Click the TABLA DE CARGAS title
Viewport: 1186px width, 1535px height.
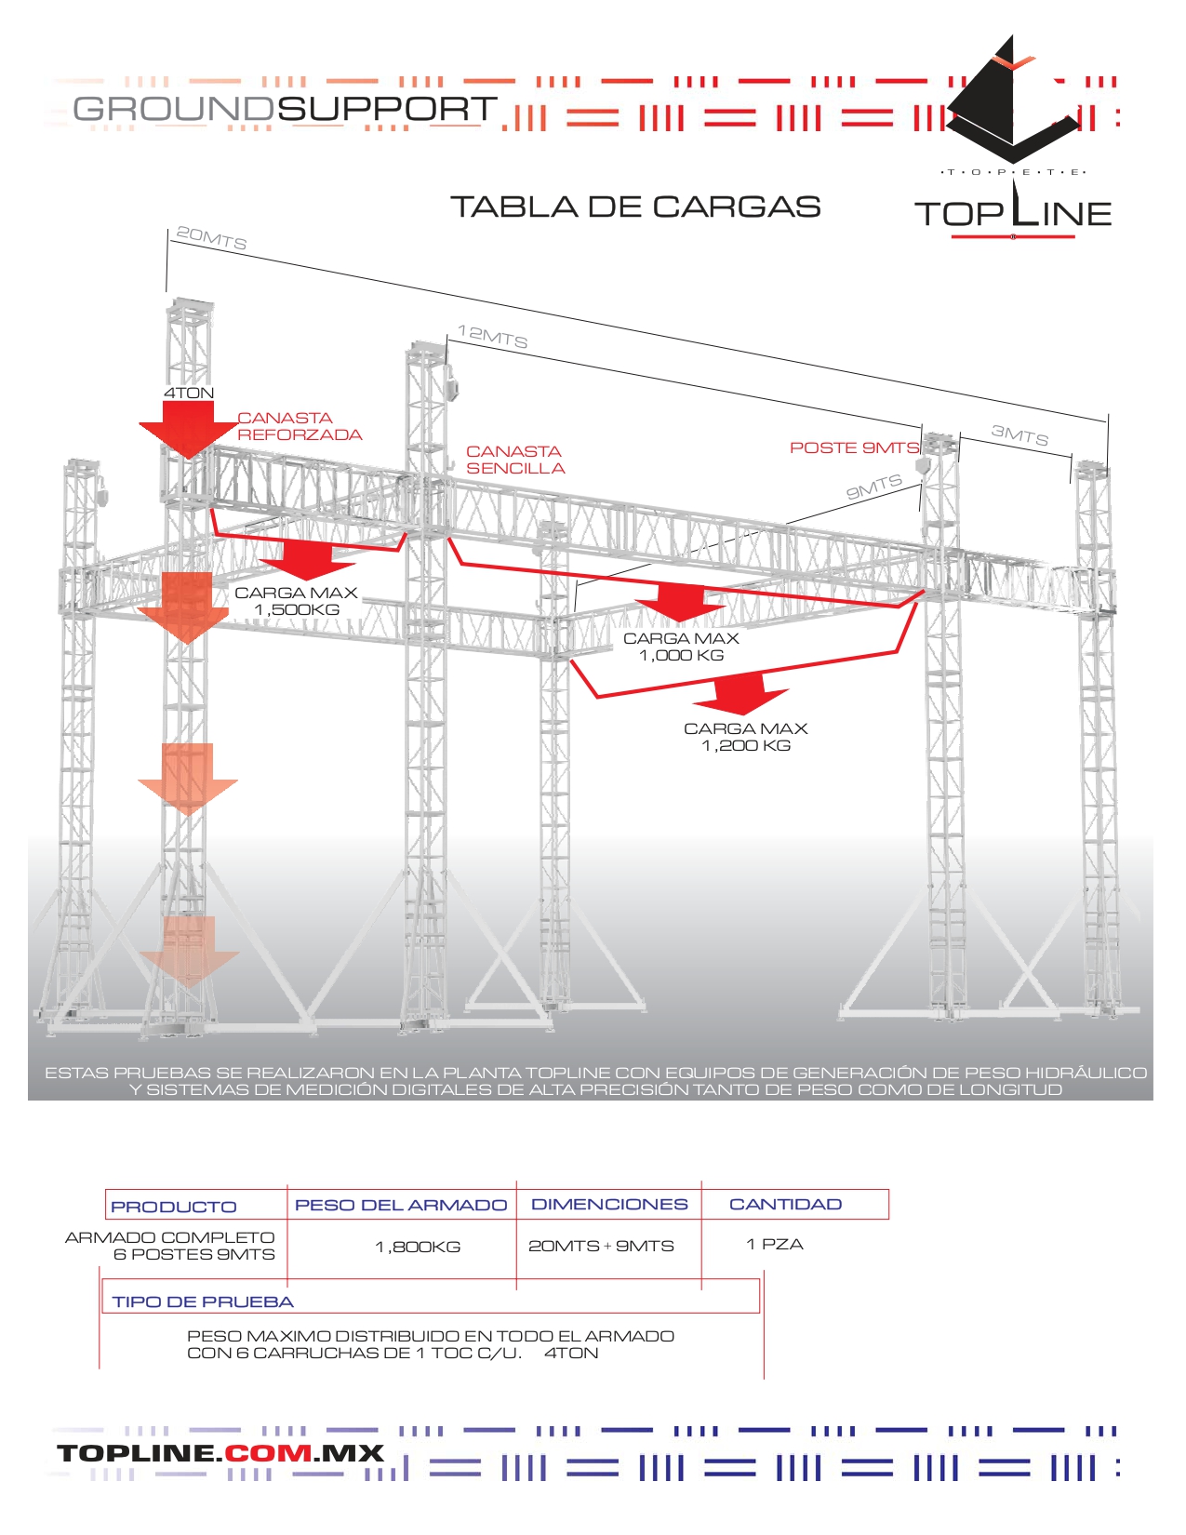click(x=635, y=207)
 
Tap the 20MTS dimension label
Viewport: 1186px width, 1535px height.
click(x=211, y=238)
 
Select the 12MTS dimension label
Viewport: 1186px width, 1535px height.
click(x=492, y=337)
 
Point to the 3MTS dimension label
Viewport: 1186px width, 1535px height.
click(x=1019, y=434)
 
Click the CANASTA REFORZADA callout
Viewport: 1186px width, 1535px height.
click(x=299, y=426)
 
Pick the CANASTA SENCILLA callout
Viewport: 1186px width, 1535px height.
click(x=515, y=460)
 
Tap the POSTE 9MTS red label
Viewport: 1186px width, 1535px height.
click(x=854, y=447)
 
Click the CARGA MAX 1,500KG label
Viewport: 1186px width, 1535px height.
click(x=297, y=601)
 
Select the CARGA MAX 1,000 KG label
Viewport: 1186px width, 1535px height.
click(x=681, y=647)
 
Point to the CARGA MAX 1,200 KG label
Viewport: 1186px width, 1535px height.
click(x=745, y=737)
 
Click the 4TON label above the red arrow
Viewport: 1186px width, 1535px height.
click(x=189, y=393)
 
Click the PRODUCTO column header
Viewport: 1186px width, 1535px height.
click(x=174, y=1207)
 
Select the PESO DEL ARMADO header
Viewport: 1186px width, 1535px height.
click(x=401, y=1205)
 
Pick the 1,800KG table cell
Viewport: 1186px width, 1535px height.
click(x=418, y=1247)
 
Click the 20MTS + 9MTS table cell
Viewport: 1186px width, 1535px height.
click(x=601, y=1246)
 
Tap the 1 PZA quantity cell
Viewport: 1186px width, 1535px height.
click(x=774, y=1244)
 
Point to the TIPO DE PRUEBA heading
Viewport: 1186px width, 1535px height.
click(x=203, y=1301)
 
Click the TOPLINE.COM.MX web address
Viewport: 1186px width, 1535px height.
click(x=220, y=1453)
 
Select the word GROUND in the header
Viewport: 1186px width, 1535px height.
click(x=173, y=109)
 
